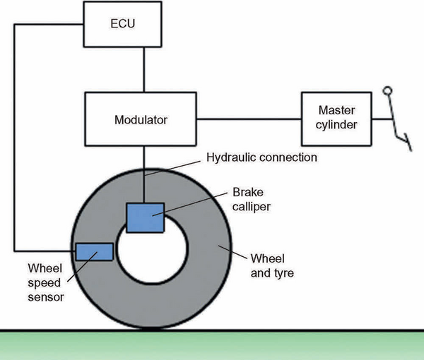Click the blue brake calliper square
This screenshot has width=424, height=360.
(144, 217)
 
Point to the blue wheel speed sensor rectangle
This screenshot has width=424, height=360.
(94, 251)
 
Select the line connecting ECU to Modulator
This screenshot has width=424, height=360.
(143, 69)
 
